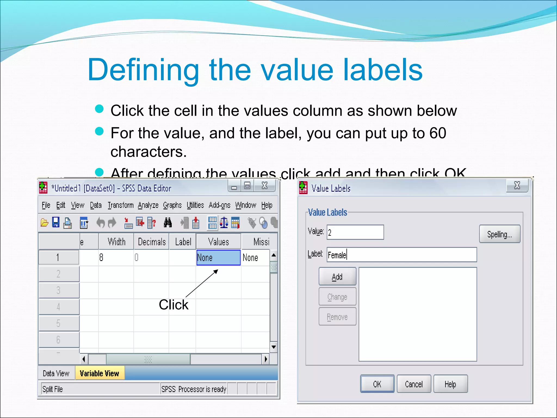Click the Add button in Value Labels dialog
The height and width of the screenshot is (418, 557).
[337, 276]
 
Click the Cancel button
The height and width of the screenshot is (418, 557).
[414, 384]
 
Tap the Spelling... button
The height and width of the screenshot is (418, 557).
[499, 234]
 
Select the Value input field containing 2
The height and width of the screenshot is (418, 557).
[355, 232]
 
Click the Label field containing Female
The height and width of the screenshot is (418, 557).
[401, 255]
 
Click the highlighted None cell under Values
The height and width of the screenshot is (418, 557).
[218, 257]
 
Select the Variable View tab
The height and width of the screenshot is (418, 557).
[100, 373]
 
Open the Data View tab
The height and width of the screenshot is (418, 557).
[56, 373]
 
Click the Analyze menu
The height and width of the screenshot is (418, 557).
[148, 205]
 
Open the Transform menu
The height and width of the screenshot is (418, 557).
[120, 205]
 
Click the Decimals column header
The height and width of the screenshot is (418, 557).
[151, 242]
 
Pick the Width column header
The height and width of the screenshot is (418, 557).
[116, 242]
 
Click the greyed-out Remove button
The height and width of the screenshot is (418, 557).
[337, 317]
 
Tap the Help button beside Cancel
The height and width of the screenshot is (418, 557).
[450, 384]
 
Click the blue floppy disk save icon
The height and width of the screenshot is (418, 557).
[56, 223]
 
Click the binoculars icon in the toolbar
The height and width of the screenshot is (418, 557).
[168, 223]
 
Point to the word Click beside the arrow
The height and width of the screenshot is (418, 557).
[174, 305]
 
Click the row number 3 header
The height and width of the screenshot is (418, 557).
[58, 290]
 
